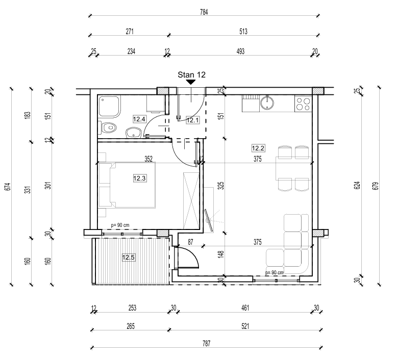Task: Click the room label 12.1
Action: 192,120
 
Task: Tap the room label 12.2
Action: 258,148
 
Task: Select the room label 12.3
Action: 140,178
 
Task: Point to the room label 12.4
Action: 140,119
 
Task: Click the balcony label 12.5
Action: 129,258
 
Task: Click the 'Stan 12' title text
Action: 191,74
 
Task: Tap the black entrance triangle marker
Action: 191,82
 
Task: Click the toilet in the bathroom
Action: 108,127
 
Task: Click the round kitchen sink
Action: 267,104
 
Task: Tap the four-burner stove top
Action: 303,104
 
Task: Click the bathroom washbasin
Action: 133,133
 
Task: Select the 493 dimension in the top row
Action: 241,51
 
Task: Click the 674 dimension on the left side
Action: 7,186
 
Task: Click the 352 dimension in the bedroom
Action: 148,159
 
